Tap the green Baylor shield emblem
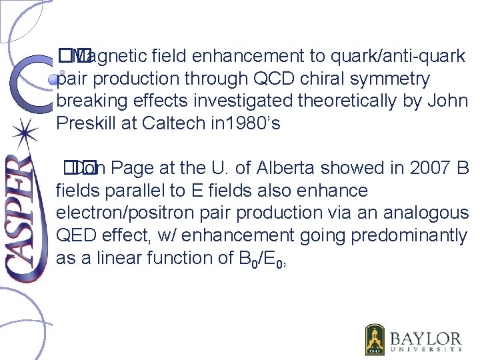pyautogui.click(x=375, y=339)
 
